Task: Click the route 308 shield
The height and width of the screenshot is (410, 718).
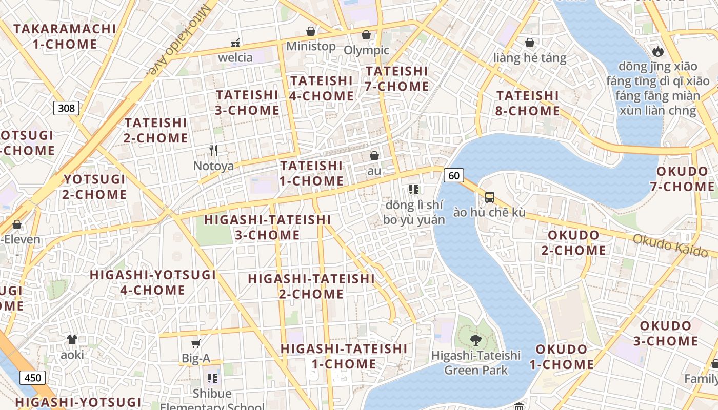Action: pos(66,108)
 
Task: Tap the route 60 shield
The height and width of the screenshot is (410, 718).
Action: pos(453,176)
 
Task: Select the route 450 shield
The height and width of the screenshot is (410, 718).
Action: pos(33,378)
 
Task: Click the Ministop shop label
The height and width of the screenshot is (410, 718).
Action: pos(311,46)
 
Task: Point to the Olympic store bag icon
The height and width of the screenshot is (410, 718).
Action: pos(366,35)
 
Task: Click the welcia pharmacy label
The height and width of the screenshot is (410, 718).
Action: pos(235,57)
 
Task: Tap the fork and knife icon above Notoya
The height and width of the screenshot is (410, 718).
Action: pos(213,151)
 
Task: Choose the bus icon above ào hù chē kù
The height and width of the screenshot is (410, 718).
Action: pos(490,197)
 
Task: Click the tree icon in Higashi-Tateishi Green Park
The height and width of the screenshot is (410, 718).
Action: pos(476,339)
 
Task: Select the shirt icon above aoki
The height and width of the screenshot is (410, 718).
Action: pos(72,339)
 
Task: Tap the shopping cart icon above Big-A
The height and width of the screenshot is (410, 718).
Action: pos(195,343)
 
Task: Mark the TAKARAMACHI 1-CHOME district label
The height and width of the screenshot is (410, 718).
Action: pos(65,36)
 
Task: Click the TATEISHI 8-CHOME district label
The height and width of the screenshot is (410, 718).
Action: pos(528,103)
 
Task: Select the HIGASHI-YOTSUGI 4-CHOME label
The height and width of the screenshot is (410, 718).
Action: pos(153,282)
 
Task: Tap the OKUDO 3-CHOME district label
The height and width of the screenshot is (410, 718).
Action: pos(668,334)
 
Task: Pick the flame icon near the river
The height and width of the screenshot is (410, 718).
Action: pos(657,51)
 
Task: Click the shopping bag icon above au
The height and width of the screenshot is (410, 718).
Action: pos(374,155)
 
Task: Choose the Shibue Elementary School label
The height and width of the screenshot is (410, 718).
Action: pos(212,400)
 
